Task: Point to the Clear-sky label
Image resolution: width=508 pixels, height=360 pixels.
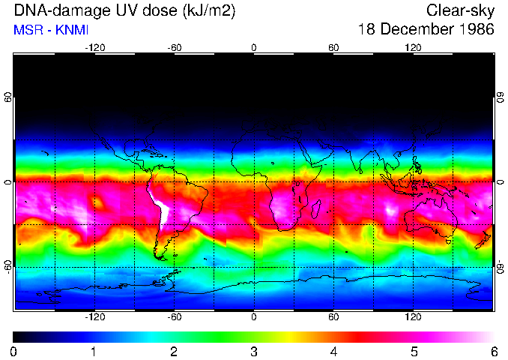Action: (460, 10)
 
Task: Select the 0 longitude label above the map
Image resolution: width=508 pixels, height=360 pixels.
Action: (254, 47)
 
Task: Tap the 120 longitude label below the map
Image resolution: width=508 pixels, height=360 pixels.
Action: (413, 317)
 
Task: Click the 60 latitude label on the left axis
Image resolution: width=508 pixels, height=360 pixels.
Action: (8, 97)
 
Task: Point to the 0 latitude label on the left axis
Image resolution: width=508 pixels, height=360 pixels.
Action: (8, 182)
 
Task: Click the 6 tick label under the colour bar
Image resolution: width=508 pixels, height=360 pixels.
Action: (493, 352)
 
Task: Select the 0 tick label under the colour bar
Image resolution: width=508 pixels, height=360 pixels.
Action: (15, 352)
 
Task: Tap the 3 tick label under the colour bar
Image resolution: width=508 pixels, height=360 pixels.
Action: (254, 352)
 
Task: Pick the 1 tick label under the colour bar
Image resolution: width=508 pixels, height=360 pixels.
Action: (94, 352)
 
